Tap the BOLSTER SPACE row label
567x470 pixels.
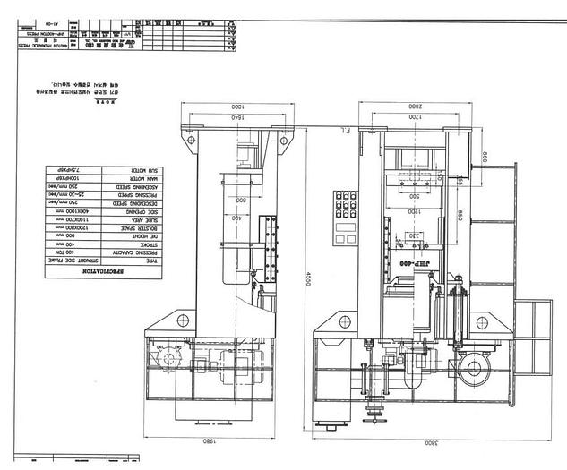[x=137, y=228]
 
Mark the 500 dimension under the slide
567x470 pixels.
[x=413, y=195]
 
